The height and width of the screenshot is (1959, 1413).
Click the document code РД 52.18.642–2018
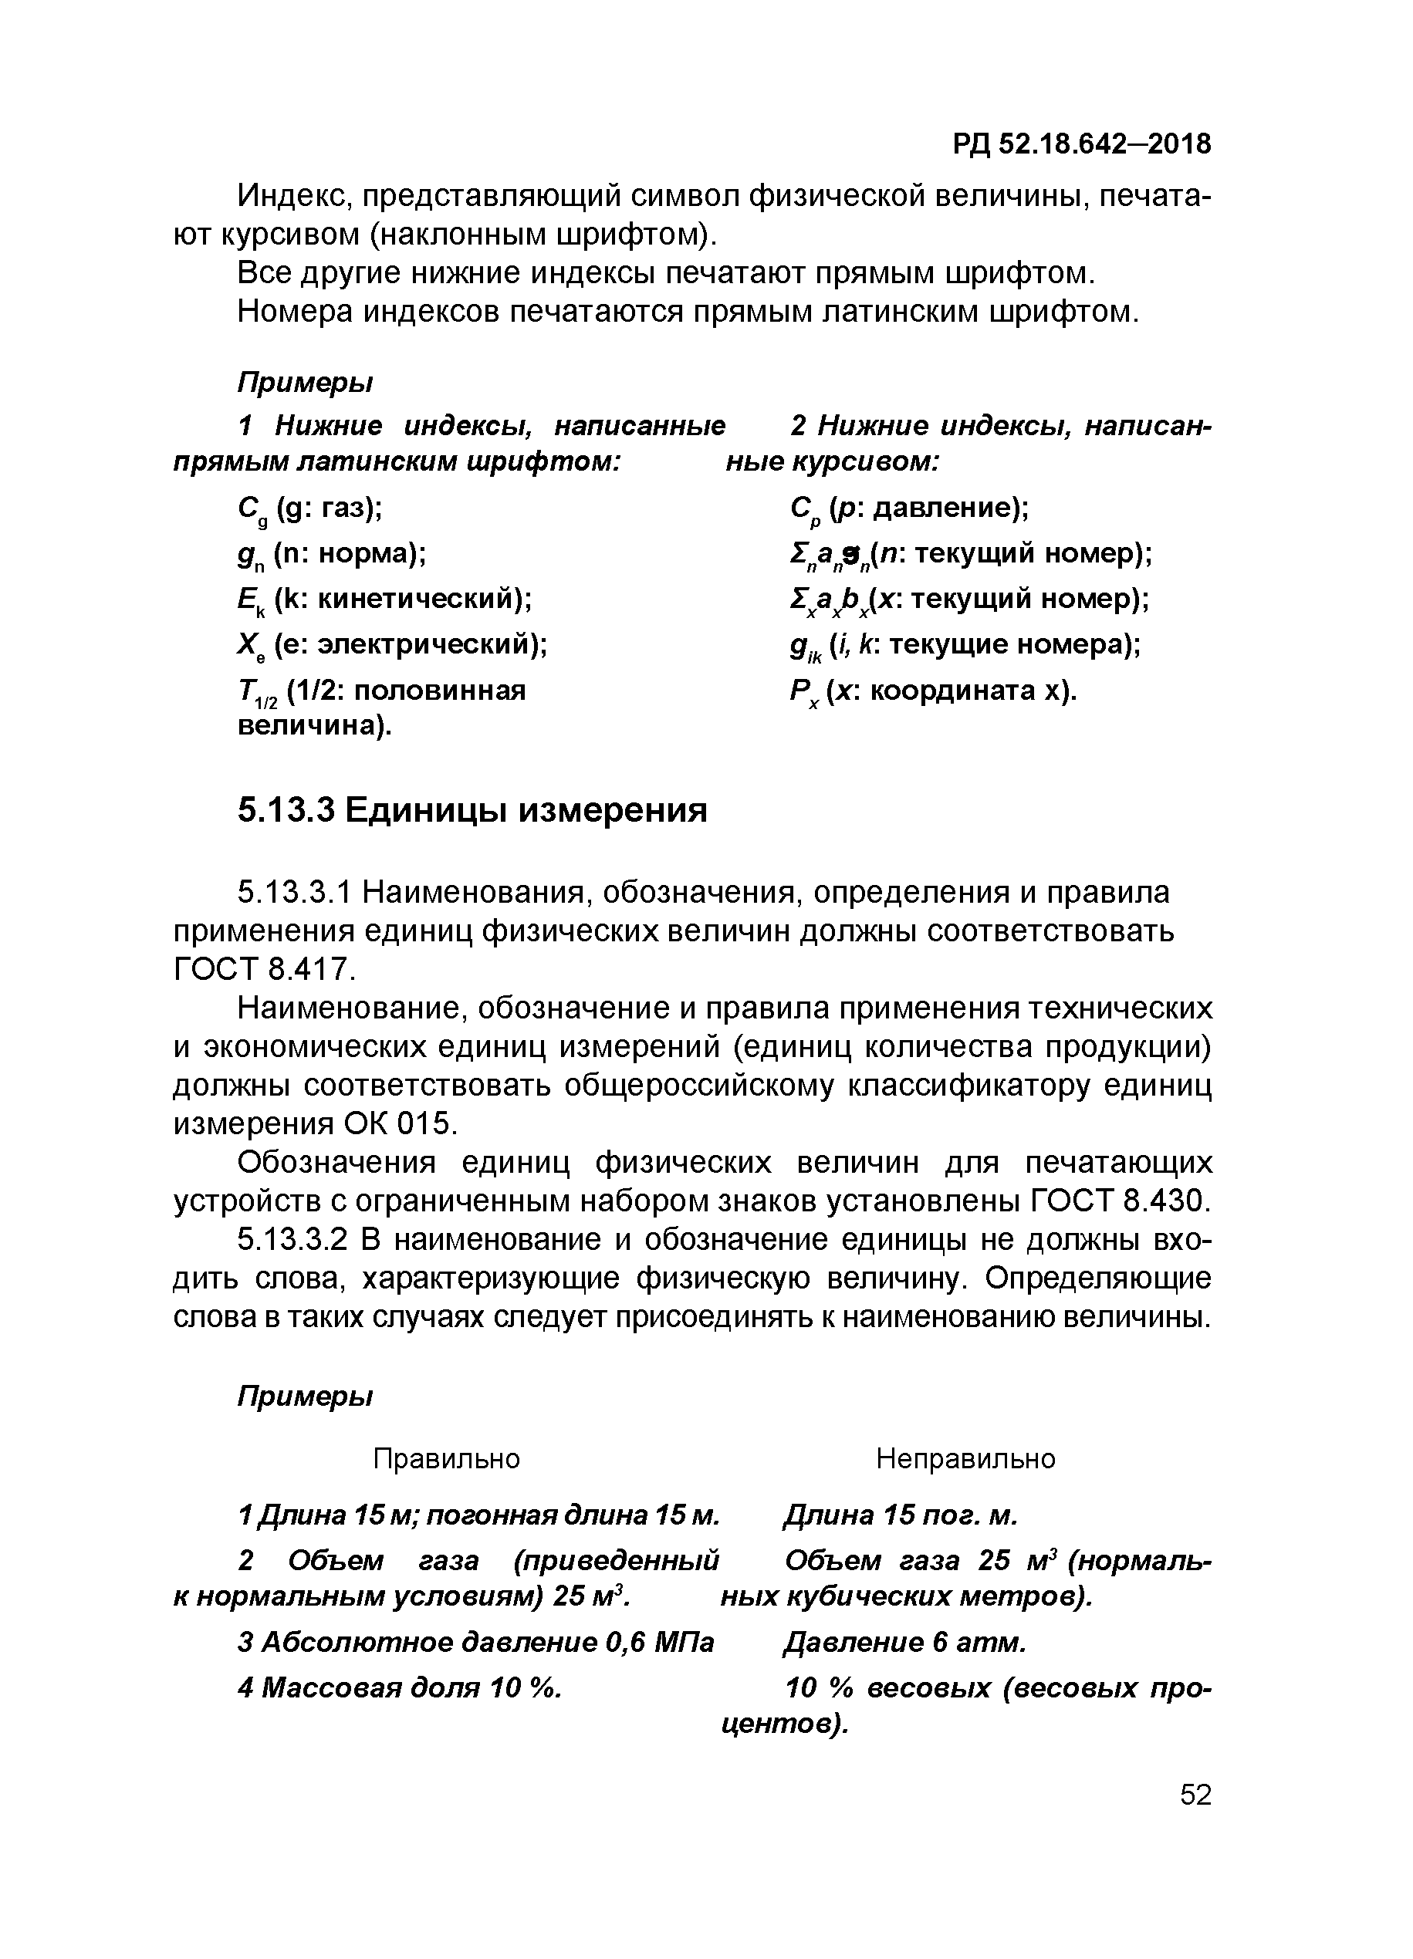tap(1082, 144)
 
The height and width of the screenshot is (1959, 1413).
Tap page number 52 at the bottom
tap(1195, 1795)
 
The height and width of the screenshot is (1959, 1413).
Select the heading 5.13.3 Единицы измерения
tap(472, 810)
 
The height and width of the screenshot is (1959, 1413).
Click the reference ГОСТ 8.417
tap(264, 969)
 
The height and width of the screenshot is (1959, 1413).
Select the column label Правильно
tap(446, 1459)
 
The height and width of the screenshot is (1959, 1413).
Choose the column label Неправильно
tap(965, 1459)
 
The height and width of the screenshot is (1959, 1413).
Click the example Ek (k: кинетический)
tap(384, 600)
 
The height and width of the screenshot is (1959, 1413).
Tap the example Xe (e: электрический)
tap(392, 645)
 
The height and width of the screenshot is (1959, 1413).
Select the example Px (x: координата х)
tap(933, 692)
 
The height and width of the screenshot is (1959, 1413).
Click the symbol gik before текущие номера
tap(805, 647)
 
